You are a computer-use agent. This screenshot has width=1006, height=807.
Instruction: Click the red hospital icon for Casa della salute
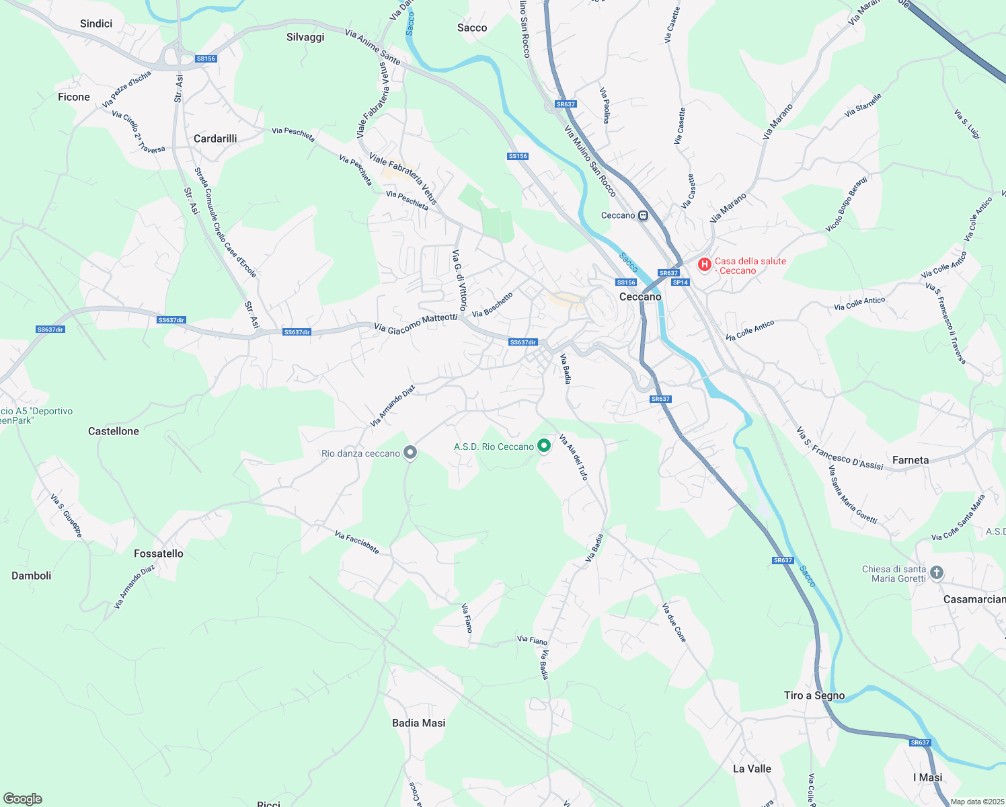(x=704, y=265)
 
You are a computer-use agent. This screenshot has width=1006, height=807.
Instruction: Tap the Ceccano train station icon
(x=644, y=216)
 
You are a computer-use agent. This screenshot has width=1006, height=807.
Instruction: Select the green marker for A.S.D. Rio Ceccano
(x=544, y=447)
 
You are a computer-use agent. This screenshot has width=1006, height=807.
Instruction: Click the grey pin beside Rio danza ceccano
(x=410, y=453)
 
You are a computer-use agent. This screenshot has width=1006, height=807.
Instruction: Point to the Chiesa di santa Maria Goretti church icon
(x=937, y=573)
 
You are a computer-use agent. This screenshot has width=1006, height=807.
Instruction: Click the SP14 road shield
(x=681, y=282)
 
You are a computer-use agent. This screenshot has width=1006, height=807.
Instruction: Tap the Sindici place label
(x=96, y=24)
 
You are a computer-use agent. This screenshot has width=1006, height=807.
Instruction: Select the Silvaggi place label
(x=305, y=37)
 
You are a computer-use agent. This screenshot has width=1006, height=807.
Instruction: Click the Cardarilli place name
(x=215, y=139)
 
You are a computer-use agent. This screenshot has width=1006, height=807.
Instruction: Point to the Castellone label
(x=114, y=431)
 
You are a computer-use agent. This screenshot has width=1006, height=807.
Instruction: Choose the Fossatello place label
(x=159, y=553)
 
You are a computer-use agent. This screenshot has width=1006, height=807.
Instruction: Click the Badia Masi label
(x=419, y=723)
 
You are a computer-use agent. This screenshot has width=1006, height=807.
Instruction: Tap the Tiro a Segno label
(x=814, y=695)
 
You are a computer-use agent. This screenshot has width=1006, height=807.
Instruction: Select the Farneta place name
(x=911, y=460)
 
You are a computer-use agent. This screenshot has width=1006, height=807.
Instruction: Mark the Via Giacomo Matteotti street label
(x=416, y=323)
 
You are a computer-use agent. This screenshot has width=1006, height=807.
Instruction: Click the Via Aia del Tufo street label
(x=574, y=457)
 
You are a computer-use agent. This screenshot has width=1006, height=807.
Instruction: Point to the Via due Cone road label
(x=674, y=623)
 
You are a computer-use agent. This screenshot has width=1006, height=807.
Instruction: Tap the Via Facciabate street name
(x=357, y=543)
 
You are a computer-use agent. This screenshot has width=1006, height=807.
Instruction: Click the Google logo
(x=23, y=799)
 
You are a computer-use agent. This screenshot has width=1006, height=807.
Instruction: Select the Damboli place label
(x=32, y=576)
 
